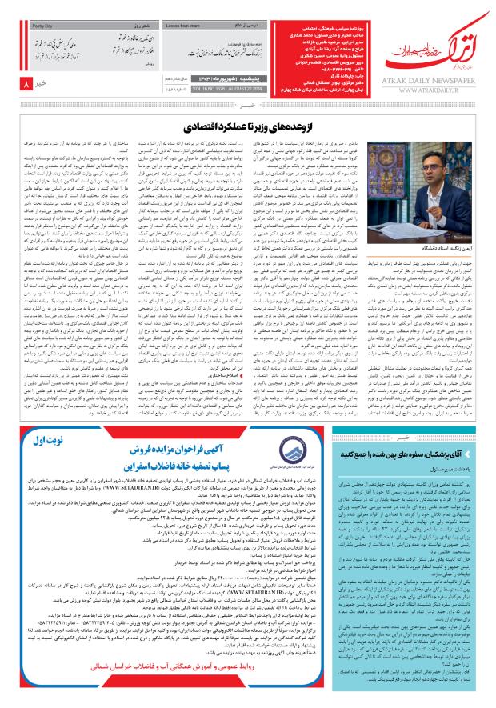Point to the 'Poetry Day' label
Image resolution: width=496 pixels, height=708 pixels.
pos(38,26)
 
